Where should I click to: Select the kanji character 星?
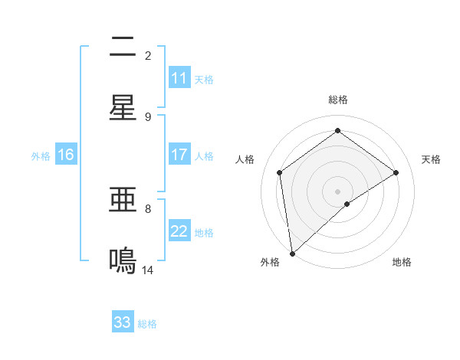pyautogui.click(x=123, y=107)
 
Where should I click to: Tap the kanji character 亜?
pyautogui.click(x=123, y=201)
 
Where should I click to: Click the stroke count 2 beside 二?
pyautogui.click(x=148, y=56)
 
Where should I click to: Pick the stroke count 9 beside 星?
pyautogui.click(x=148, y=116)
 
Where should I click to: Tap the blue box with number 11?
pyautogui.click(x=179, y=78)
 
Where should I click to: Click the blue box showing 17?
pyautogui.click(x=179, y=155)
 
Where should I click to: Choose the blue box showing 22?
pyautogui.click(x=179, y=231)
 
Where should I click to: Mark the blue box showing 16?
pyautogui.click(x=66, y=155)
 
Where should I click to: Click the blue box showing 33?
pyautogui.click(x=123, y=322)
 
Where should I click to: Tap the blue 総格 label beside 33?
pyautogui.click(x=147, y=324)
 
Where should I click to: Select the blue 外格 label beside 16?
pyautogui.click(x=41, y=156)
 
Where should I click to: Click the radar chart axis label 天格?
pyautogui.click(x=432, y=159)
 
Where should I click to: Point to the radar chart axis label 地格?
pyautogui.click(x=402, y=262)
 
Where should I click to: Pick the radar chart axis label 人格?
pyautogui.click(x=245, y=159)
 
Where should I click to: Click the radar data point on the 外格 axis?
pyautogui.click(x=291, y=253)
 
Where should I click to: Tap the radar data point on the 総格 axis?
pyautogui.click(x=337, y=131)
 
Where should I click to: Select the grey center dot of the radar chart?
pyautogui.click(x=337, y=191)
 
